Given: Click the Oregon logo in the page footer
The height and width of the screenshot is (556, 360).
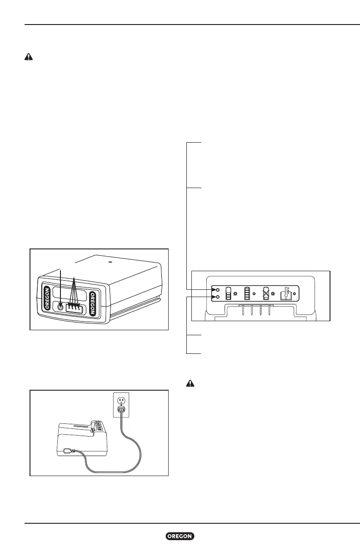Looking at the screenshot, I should pyautogui.click(x=180, y=536).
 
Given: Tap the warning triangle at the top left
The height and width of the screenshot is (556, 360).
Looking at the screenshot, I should pyautogui.click(x=28, y=58).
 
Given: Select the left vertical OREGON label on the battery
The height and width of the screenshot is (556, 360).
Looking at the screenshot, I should pyautogui.click(x=48, y=298).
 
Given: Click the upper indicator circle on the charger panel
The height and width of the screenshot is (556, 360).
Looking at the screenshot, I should pyautogui.click(x=218, y=289).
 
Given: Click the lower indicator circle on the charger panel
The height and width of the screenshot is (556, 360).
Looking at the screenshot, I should pyautogui.click(x=218, y=297).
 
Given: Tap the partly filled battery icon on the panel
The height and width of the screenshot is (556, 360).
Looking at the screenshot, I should pyautogui.click(x=229, y=293).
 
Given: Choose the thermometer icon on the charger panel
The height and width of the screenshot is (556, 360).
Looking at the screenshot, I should pyautogui.click(x=286, y=293).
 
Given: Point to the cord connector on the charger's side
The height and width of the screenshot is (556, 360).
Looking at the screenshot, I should pyautogui.click(x=69, y=451).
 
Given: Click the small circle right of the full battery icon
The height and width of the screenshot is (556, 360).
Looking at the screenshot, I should pyautogui.click(x=255, y=293).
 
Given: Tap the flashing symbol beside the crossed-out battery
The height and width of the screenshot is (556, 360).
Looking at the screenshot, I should pyautogui.click(x=273, y=294).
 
